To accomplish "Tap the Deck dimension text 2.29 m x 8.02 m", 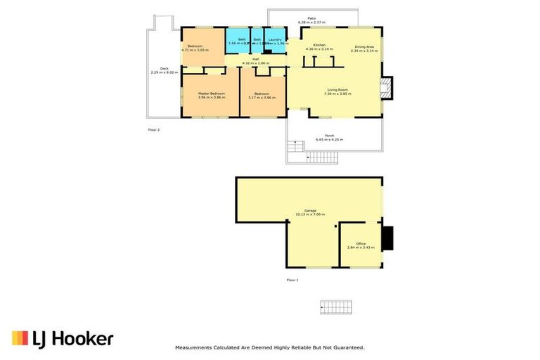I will [x=164, y=72].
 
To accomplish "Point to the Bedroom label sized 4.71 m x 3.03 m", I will [x=193, y=46].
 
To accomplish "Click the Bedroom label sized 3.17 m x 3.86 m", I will [x=262, y=94].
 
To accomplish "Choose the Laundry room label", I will [x=275, y=39].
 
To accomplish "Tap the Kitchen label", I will [x=319, y=44].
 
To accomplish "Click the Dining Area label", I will [x=364, y=46].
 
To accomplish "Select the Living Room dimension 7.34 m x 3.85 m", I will [x=337, y=94].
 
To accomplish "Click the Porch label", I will [x=329, y=135].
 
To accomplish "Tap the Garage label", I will [x=310, y=210].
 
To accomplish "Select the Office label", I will [x=361, y=243].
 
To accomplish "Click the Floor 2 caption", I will [x=154, y=130].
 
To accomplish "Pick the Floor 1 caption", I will [x=292, y=280].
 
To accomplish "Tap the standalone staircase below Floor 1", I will [x=335, y=307].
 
